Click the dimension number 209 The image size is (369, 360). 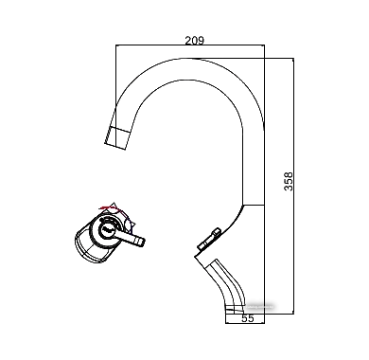tap(194, 41)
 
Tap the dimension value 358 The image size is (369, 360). tap(289, 181)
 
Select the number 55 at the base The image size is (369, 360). tap(248, 318)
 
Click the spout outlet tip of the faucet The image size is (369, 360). tap(115, 138)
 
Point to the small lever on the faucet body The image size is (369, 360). tap(209, 240)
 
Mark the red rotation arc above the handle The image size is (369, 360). tap(109, 207)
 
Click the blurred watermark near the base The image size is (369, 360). tap(259, 306)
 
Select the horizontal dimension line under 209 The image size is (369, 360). tap(190, 45)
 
